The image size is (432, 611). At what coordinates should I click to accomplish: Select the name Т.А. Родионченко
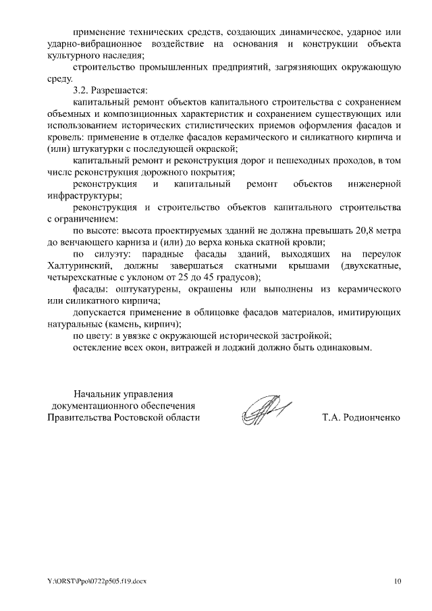360,417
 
